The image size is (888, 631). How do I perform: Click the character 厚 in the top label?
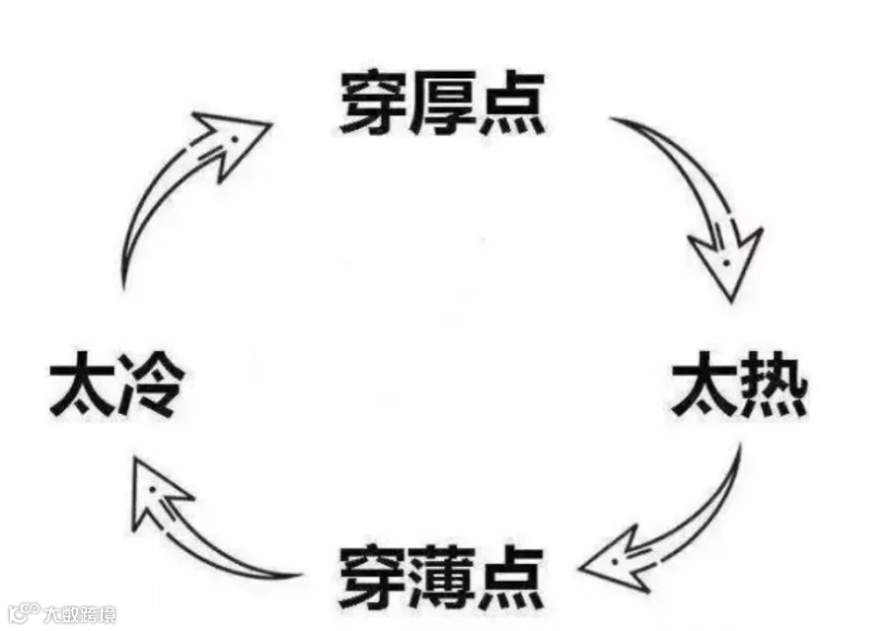pyautogui.click(x=442, y=105)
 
